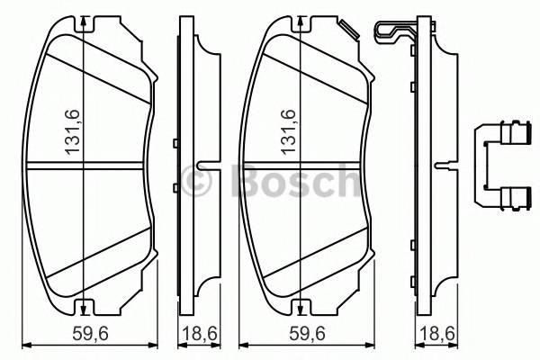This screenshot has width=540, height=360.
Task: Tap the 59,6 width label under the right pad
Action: pyautogui.click(x=309, y=334)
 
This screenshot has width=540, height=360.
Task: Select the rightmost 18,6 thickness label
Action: pyautogui.click(x=435, y=334)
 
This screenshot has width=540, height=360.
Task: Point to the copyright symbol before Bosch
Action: pyautogui.click(x=197, y=183)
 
